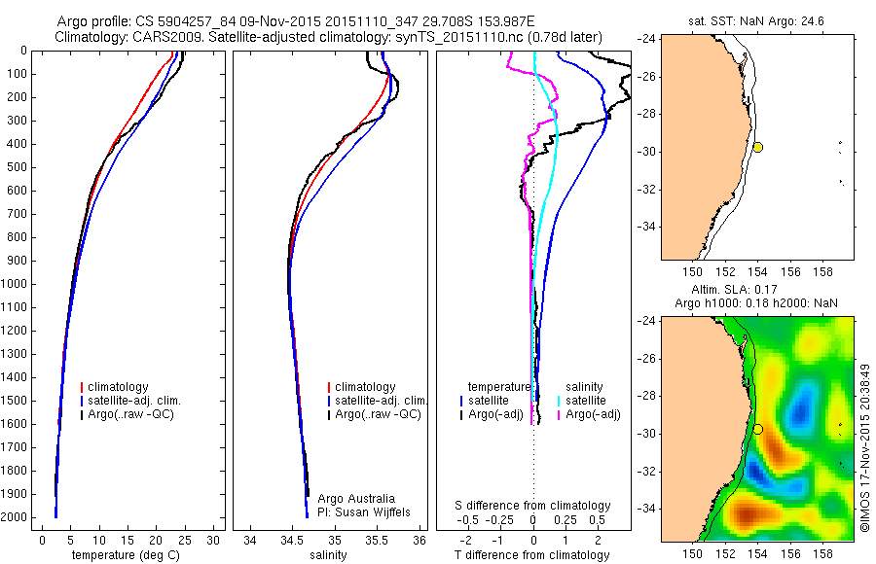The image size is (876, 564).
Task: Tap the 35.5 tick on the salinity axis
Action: tap(378, 540)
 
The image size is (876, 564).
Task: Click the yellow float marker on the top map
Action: tap(757, 147)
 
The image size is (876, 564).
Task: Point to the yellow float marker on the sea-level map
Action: tap(757, 429)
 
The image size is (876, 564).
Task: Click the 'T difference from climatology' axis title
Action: tap(533, 555)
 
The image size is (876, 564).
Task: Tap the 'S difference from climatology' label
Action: tap(533, 506)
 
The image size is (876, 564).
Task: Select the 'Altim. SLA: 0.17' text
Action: tap(749, 289)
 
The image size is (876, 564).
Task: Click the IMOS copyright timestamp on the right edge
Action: tap(865, 447)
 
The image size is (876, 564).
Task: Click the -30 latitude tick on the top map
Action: tap(645, 152)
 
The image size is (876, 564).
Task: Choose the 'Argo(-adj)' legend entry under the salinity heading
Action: tap(594, 414)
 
